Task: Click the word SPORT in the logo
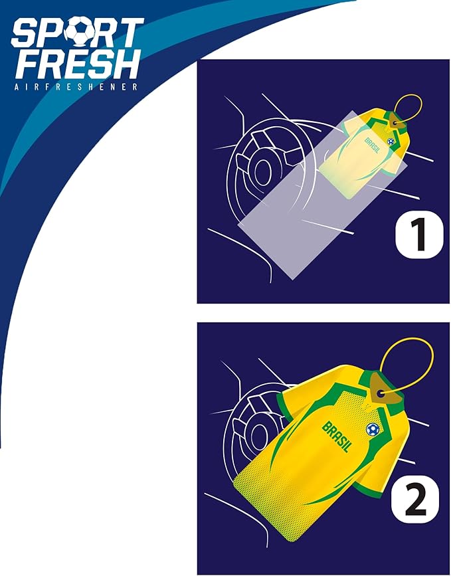point(77,33)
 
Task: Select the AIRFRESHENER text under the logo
point(76,87)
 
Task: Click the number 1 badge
point(419,235)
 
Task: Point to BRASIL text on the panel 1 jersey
point(373,145)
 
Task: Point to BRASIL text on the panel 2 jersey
point(337,436)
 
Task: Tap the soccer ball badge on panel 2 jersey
point(373,429)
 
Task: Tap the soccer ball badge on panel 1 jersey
point(391,142)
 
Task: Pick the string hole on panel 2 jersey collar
point(381,393)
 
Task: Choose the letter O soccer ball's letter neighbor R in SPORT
point(106,33)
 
